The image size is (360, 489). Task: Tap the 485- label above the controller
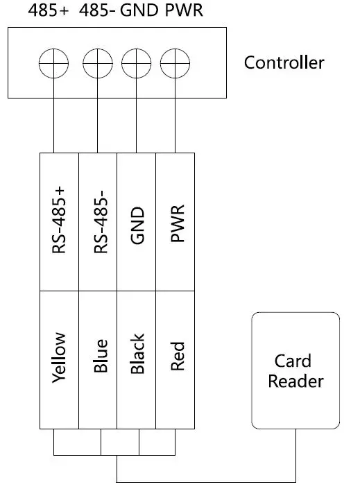tap(98, 12)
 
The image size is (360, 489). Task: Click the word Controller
tap(284, 63)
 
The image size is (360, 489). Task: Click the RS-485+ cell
tap(60, 221)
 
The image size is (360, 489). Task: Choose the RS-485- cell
tap(98, 221)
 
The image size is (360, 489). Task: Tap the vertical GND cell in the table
tap(137, 221)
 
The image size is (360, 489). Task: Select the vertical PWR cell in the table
tap(175, 221)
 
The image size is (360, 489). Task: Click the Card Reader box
tap(295, 370)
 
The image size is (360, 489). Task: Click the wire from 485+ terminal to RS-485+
tap(53, 125)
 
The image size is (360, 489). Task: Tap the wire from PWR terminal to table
tap(175, 125)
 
